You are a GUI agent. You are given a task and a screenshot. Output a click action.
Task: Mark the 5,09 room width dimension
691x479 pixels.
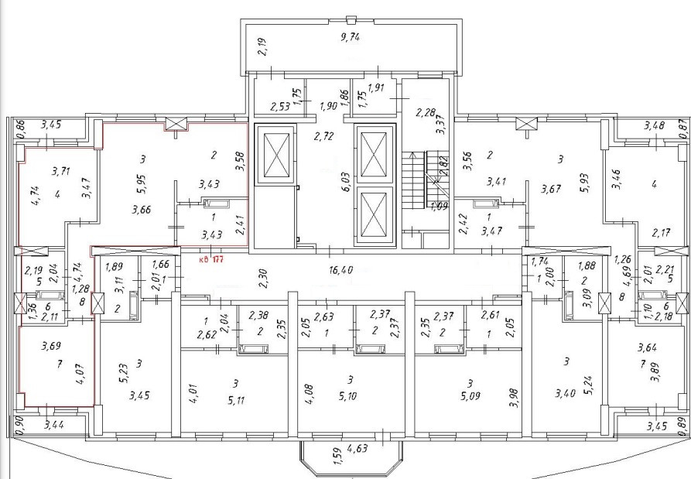[x=469, y=401]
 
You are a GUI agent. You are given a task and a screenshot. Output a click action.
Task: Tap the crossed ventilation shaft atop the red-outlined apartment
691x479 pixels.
[x=176, y=123]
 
